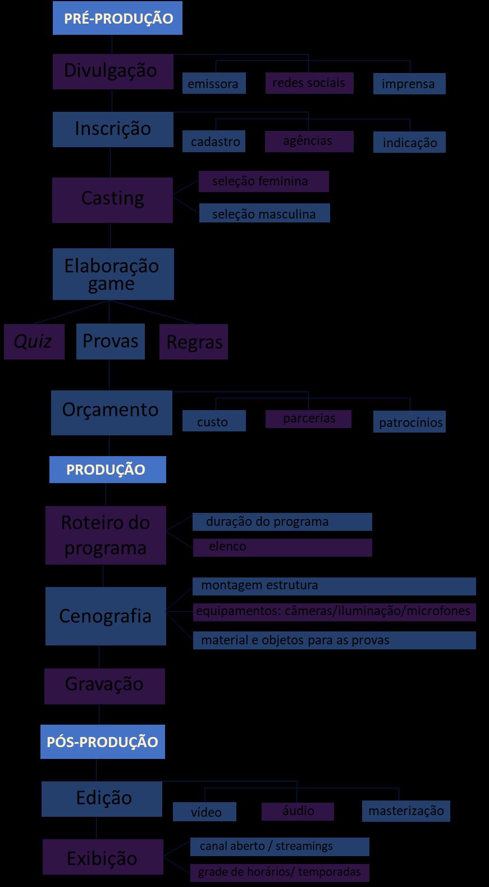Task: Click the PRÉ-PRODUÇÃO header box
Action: click(x=117, y=18)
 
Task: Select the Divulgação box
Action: click(x=112, y=71)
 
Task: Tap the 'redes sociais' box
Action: click(x=309, y=83)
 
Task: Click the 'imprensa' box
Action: click(x=409, y=84)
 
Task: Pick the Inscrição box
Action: click(x=113, y=129)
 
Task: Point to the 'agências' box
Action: click(x=309, y=141)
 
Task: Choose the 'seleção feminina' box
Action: click(x=263, y=181)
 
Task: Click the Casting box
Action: click(x=112, y=200)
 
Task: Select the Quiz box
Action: click(x=34, y=342)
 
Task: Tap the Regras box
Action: click(x=194, y=342)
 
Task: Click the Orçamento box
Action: click(x=111, y=412)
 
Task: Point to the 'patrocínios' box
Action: click(x=409, y=422)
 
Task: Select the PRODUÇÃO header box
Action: click(x=107, y=470)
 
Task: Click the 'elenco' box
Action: click(x=282, y=547)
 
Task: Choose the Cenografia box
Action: click(x=106, y=616)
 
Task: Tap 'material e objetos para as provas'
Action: click(x=334, y=640)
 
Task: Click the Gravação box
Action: click(x=104, y=686)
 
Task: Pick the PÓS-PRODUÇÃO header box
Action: click(x=102, y=742)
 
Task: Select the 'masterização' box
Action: click(x=406, y=811)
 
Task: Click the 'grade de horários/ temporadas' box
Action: click(x=279, y=872)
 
